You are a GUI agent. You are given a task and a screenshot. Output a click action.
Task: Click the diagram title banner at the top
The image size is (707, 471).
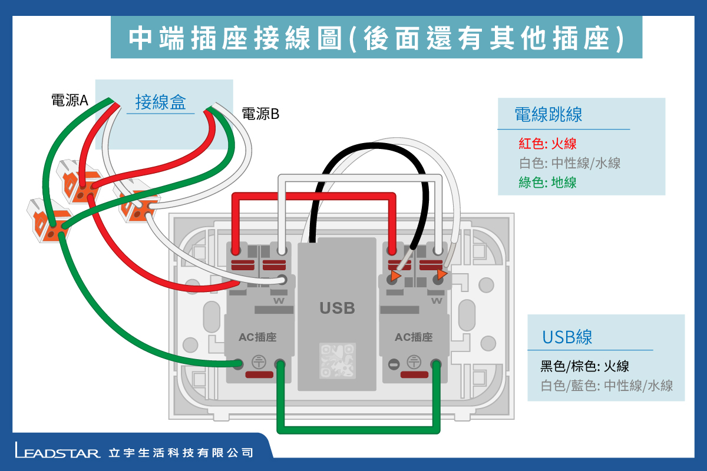[376, 37]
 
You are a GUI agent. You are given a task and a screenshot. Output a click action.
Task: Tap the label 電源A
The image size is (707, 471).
[70, 101]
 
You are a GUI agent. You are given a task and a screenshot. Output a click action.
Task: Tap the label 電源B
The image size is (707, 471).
[260, 114]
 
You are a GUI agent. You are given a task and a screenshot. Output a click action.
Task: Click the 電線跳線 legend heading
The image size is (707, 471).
[548, 114]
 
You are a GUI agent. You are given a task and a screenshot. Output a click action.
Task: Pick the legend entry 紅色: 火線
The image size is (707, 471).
[547, 143]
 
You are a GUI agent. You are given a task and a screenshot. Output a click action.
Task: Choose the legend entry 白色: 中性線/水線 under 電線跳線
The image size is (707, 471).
[570, 163]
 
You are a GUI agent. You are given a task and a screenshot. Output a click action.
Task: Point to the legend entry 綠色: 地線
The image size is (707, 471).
[547, 183]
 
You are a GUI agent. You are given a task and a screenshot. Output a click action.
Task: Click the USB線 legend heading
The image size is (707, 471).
[567, 337]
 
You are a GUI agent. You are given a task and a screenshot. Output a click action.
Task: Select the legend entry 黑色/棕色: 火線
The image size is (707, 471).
[584, 366]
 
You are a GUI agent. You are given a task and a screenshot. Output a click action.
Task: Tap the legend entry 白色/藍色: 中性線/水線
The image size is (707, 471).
[607, 386]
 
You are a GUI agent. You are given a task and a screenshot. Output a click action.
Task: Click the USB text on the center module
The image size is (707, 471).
[337, 307]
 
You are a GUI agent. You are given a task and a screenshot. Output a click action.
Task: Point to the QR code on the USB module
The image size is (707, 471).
[337, 360]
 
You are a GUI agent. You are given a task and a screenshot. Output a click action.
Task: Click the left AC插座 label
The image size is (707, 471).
[257, 337]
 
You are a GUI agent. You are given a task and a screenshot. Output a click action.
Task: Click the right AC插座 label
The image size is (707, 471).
[414, 337]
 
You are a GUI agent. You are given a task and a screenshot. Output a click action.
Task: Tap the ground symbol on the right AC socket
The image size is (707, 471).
[414, 363]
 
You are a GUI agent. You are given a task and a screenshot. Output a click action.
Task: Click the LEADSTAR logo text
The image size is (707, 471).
[58, 453]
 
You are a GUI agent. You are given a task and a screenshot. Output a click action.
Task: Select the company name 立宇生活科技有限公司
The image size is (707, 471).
[181, 453]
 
